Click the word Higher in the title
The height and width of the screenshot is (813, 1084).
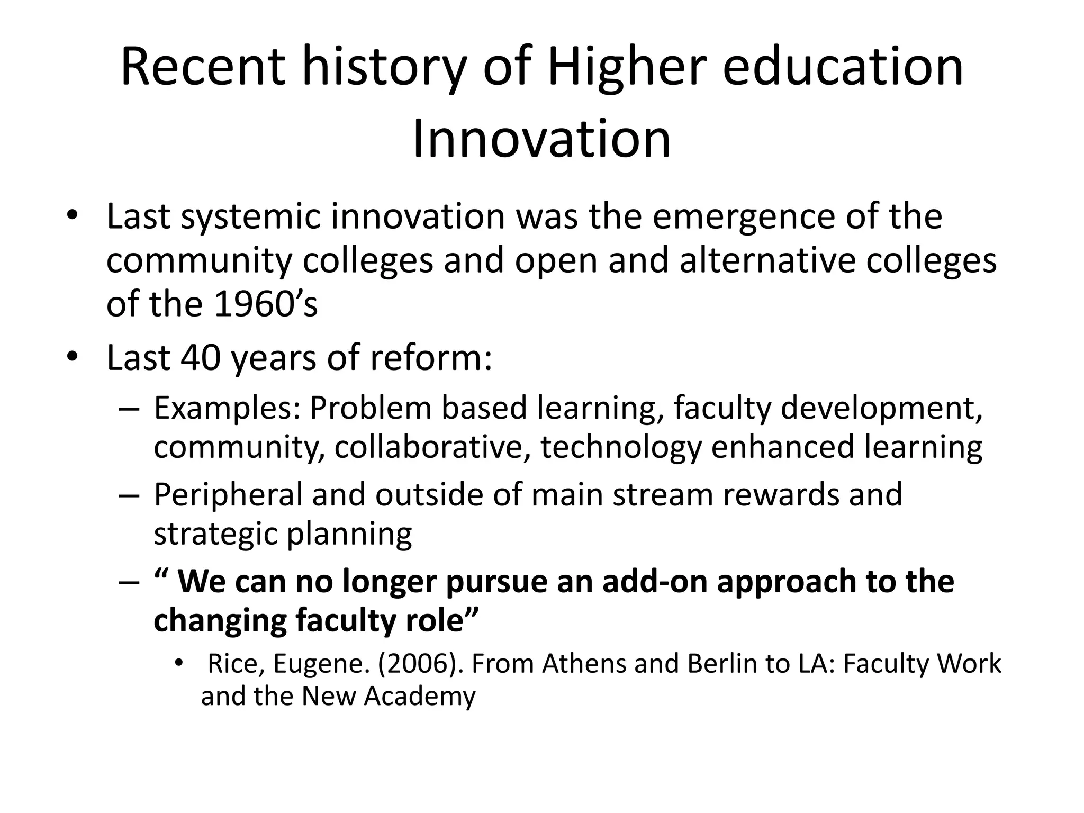(x=627, y=68)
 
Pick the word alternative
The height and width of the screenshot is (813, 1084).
(x=767, y=260)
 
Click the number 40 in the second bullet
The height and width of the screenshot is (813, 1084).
(x=200, y=358)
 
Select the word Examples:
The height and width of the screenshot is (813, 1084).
(x=227, y=409)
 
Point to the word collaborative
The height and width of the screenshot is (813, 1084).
(x=429, y=447)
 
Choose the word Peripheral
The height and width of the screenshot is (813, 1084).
(x=228, y=495)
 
